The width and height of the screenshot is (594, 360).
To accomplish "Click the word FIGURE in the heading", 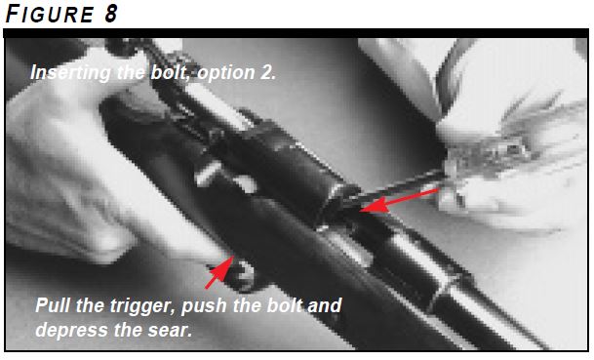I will [x=46, y=13].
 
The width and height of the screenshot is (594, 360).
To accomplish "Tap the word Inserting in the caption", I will [x=67, y=73].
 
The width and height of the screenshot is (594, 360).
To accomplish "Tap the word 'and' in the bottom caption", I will [x=325, y=305].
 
